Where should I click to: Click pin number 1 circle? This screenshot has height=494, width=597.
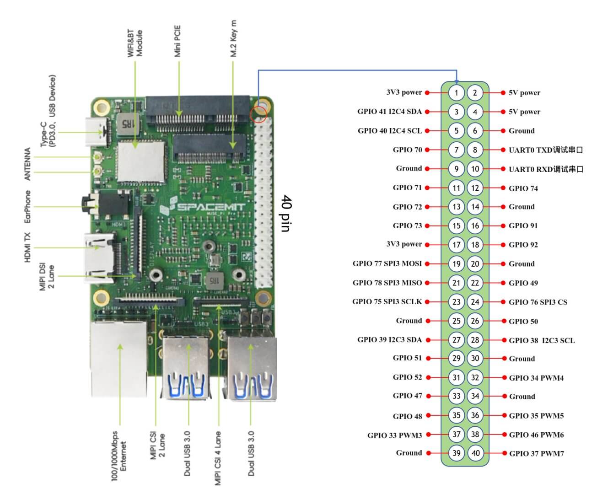[456, 93]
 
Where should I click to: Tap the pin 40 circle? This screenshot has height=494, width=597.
[475, 453]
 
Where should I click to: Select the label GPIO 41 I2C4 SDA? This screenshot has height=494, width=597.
[389, 112]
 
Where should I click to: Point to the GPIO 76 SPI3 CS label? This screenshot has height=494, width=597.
[538, 302]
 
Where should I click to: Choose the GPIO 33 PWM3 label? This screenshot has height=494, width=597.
[394, 435]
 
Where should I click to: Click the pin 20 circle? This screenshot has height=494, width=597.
[475, 264]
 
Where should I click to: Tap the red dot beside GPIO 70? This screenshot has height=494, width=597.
[427, 150]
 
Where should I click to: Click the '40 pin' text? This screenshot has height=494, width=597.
[286, 213]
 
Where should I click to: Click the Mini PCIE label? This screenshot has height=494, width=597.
[177, 41]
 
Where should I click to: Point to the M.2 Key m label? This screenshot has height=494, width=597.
[233, 38]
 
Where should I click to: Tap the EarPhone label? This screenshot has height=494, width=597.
[27, 207]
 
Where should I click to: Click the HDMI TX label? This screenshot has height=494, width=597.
[27, 247]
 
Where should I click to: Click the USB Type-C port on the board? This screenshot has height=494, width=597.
[96, 132]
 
